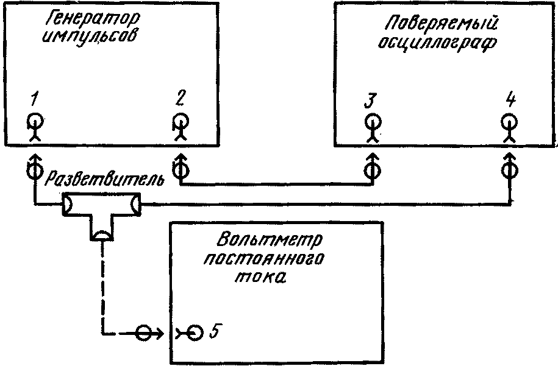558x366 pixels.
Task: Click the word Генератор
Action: click(93, 21)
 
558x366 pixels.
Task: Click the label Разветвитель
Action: click(105, 180)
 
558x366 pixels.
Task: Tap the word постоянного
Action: click(263, 259)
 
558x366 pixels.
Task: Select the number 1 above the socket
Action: click(34, 99)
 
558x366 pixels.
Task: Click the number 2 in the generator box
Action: click(181, 97)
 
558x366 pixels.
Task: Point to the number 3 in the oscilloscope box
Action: click(370, 100)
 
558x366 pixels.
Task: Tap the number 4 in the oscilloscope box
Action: click(510, 99)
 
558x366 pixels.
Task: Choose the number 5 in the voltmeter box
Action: click(213, 331)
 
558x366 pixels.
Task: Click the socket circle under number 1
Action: click(35, 121)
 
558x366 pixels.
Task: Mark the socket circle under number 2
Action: click(181, 121)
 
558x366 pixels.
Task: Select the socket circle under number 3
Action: click(373, 122)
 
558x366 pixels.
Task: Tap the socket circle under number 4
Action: click(509, 122)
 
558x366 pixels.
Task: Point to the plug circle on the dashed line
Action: click(144, 333)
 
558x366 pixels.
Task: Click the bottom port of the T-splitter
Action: click(102, 235)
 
